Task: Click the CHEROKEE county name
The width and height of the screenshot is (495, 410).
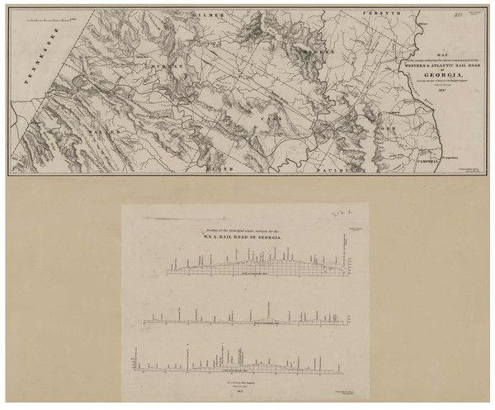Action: [313, 49]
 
